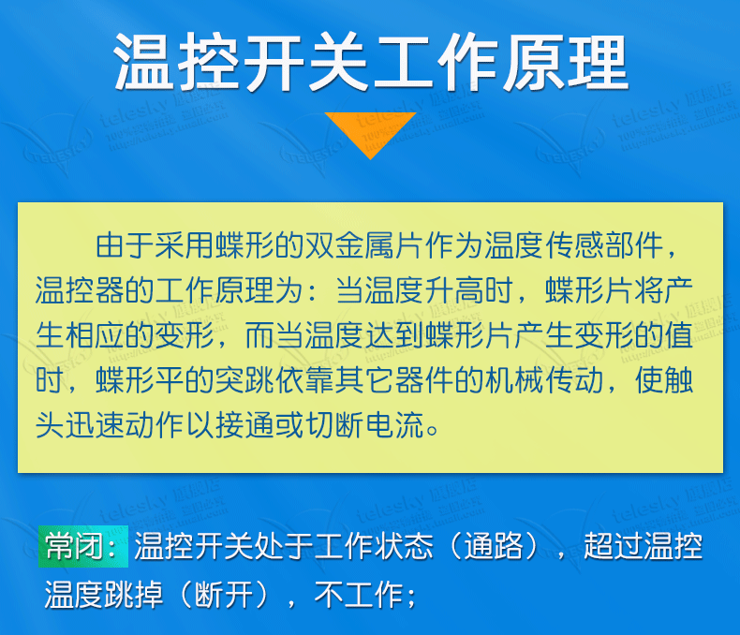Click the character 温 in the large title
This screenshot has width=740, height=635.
click(x=144, y=62)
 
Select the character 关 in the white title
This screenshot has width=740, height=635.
click(x=338, y=62)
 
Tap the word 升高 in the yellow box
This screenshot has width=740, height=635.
click(x=455, y=289)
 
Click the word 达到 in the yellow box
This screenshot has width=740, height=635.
click(x=394, y=335)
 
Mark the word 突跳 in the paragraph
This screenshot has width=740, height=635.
click(x=244, y=380)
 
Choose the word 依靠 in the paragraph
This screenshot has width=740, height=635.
click(x=304, y=380)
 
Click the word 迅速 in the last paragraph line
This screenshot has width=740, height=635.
click(x=95, y=424)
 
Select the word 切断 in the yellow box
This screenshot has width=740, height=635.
click(x=335, y=424)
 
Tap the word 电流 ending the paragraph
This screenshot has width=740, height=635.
click(x=394, y=424)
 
